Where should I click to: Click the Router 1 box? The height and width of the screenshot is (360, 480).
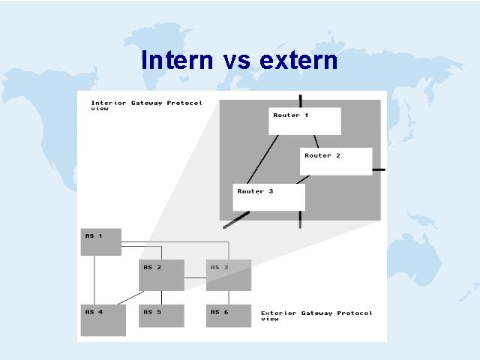(305, 121)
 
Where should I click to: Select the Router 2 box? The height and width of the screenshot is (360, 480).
(336, 162)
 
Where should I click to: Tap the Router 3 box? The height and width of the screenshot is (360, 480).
(269, 197)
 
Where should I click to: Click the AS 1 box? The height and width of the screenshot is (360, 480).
(101, 241)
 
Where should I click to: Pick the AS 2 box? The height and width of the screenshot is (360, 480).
(162, 275)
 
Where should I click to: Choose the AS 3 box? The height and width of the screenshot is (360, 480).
(229, 275)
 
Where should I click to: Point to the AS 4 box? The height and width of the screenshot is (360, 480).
(103, 320)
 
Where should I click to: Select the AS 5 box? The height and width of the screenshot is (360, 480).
(162, 316)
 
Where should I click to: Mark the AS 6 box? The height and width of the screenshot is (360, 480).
(229, 316)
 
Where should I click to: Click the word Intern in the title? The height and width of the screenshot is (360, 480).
(177, 60)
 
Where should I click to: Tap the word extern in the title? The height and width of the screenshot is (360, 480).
(298, 61)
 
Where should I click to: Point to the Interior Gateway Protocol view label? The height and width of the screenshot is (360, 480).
(147, 106)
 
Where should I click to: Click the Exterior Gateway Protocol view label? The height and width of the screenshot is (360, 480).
(316, 316)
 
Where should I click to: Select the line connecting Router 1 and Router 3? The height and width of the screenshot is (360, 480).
(263, 160)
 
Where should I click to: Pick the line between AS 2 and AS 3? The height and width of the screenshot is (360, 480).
(195, 278)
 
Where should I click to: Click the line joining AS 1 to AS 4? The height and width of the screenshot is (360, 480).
(94, 280)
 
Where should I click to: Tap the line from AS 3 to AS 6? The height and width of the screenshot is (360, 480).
(229, 298)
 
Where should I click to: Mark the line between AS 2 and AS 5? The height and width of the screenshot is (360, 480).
(162, 298)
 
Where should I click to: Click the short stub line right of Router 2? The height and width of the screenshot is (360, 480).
(379, 169)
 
